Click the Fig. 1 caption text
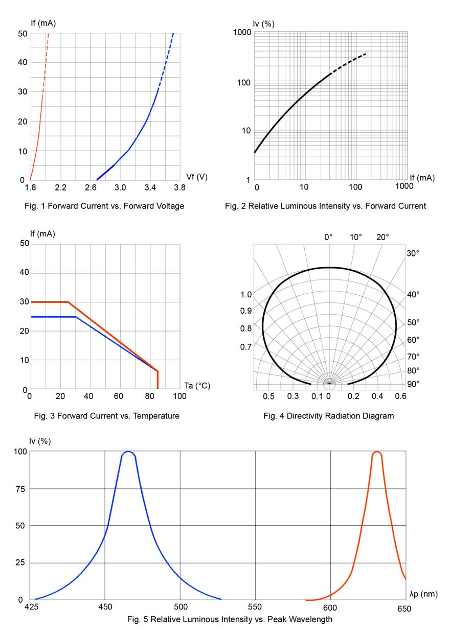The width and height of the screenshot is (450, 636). tap(104, 206)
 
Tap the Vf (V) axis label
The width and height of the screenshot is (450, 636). tap(197, 177)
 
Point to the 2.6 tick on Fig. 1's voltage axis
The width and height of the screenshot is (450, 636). tap(91, 188)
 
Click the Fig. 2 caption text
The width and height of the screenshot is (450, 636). tap(325, 206)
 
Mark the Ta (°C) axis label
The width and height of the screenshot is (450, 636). tap(197, 385)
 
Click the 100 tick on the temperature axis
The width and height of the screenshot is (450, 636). tap(180, 396)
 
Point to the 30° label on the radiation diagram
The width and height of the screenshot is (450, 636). tap(413, 253)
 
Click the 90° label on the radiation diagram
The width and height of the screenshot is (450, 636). tap(413, 384)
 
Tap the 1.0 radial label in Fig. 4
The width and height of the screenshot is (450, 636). tap(246, 295)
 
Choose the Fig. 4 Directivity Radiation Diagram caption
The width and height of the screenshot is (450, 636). tap(328, 416)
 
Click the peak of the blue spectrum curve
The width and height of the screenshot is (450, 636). tap(128, 452)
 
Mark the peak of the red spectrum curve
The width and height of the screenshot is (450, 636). tap(377, 452)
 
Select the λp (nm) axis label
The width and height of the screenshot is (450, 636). tap(423, 594)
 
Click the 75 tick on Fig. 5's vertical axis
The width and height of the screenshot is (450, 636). tap(18, 488)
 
